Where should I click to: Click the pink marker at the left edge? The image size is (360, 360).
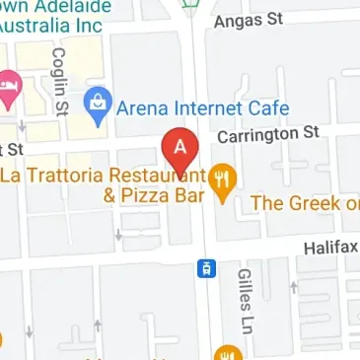(x=9, y=90)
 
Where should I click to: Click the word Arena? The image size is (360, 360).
(x=142, y=107)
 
